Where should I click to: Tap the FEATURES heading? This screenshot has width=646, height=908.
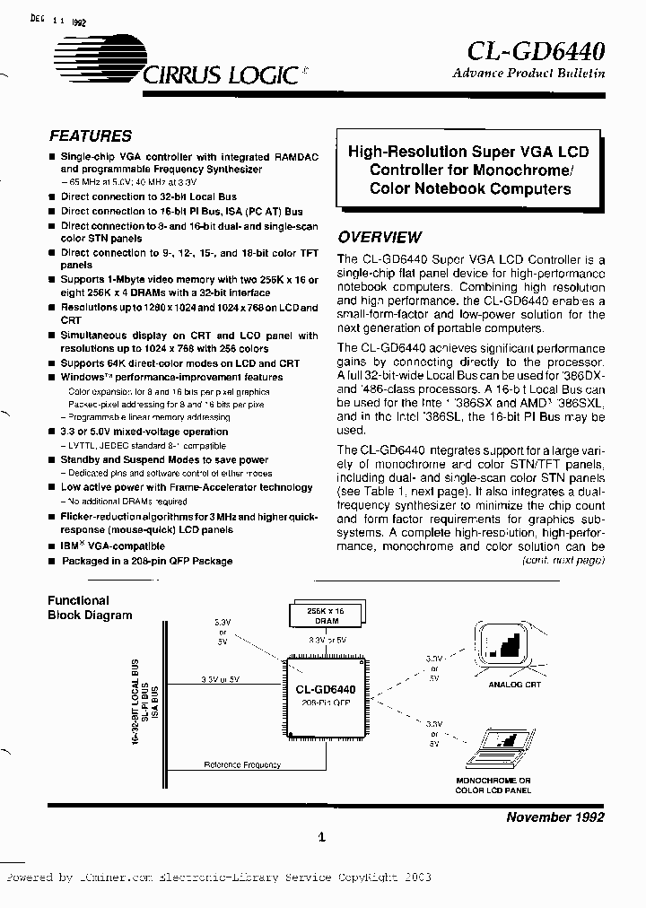tap(90, 136)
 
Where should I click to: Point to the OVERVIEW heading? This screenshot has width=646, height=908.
tap(379, 238)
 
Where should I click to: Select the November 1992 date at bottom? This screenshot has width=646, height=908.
tap(555, 816)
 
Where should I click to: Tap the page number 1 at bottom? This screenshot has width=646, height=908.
tap(320, 839)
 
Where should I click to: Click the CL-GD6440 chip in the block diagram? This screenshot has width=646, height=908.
tap(325, 695)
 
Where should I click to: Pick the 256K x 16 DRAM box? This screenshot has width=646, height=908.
tap(325, 615)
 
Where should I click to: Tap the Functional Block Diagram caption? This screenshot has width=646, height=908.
tap(89, 607)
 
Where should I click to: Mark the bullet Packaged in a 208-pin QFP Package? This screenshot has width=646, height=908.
tap(146, 561)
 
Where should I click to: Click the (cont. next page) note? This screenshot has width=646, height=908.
tap(563, 559)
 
